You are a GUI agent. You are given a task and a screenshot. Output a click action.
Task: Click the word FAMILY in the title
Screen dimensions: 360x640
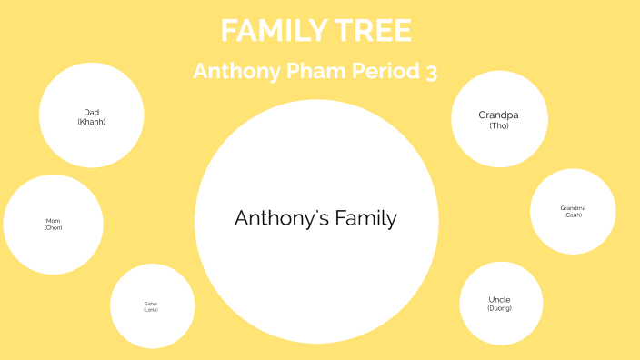[266, 31]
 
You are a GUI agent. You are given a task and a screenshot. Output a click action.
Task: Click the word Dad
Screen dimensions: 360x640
[91, 113]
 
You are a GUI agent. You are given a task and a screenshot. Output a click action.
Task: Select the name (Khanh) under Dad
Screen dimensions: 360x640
[91, 122]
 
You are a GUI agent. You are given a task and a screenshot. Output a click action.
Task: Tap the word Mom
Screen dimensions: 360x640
[53, 221]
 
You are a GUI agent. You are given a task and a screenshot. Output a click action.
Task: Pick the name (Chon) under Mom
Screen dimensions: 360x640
[53, 227]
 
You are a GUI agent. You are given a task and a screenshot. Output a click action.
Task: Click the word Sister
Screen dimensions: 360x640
[151, 304]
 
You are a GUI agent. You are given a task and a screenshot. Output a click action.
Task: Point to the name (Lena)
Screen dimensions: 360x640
[151, 310]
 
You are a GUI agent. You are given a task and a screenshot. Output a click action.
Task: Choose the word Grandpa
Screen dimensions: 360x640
[498, 115]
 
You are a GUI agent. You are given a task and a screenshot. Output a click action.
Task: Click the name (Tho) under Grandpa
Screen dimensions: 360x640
[498, 125]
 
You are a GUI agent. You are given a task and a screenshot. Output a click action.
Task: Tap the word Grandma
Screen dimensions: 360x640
[573, 208]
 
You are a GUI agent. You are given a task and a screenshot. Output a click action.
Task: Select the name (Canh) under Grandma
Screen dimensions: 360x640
[573, 215]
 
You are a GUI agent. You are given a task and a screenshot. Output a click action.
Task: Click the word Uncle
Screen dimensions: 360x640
[499, 299]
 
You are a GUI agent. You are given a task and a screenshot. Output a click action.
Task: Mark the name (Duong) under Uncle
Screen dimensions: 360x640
[499, 308]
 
